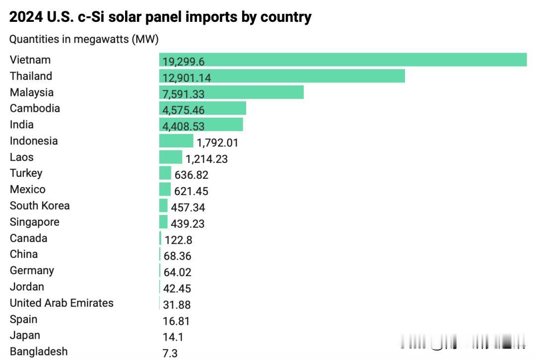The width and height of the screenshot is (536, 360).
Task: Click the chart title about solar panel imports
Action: point(160,17)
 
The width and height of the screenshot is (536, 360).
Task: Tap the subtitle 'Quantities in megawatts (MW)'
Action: point(84,39)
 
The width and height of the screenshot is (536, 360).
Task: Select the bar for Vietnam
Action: point(342,60)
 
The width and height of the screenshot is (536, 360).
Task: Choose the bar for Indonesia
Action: point(176,141)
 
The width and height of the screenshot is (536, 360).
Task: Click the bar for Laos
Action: point(171,157)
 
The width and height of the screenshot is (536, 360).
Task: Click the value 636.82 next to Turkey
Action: point(192,175)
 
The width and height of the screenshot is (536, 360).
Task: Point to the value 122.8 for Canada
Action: point(178,240)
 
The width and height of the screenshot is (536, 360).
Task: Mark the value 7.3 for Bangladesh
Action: point(170,353)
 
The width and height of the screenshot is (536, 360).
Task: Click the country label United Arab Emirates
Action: point(62,303)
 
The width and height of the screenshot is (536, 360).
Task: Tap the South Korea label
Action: point(40,206)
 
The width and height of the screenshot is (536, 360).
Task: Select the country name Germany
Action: point(32,270)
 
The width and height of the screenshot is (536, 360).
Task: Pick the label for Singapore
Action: point(35,222)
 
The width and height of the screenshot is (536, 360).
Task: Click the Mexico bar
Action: point(165,190)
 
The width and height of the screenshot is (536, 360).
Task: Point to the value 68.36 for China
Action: point(177,256)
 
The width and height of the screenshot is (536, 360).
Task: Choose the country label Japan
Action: point(25,335)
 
